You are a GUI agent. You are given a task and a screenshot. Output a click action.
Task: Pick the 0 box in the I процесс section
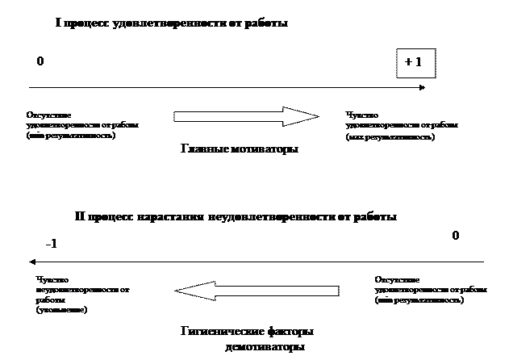pyautogui.click(x=41, y=62)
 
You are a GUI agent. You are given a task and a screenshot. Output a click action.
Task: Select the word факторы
pyautogui.click(x=290, y=331)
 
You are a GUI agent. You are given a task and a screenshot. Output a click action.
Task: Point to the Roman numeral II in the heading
pyautogui.click(x=81, y=217)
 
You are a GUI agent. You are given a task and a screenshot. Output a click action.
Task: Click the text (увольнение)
pyautogui.click(x=62, y=310)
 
